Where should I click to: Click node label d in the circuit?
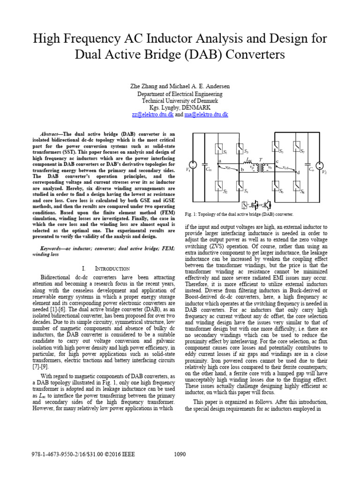[x=299, y=173]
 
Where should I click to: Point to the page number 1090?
[x=180, y=454]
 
